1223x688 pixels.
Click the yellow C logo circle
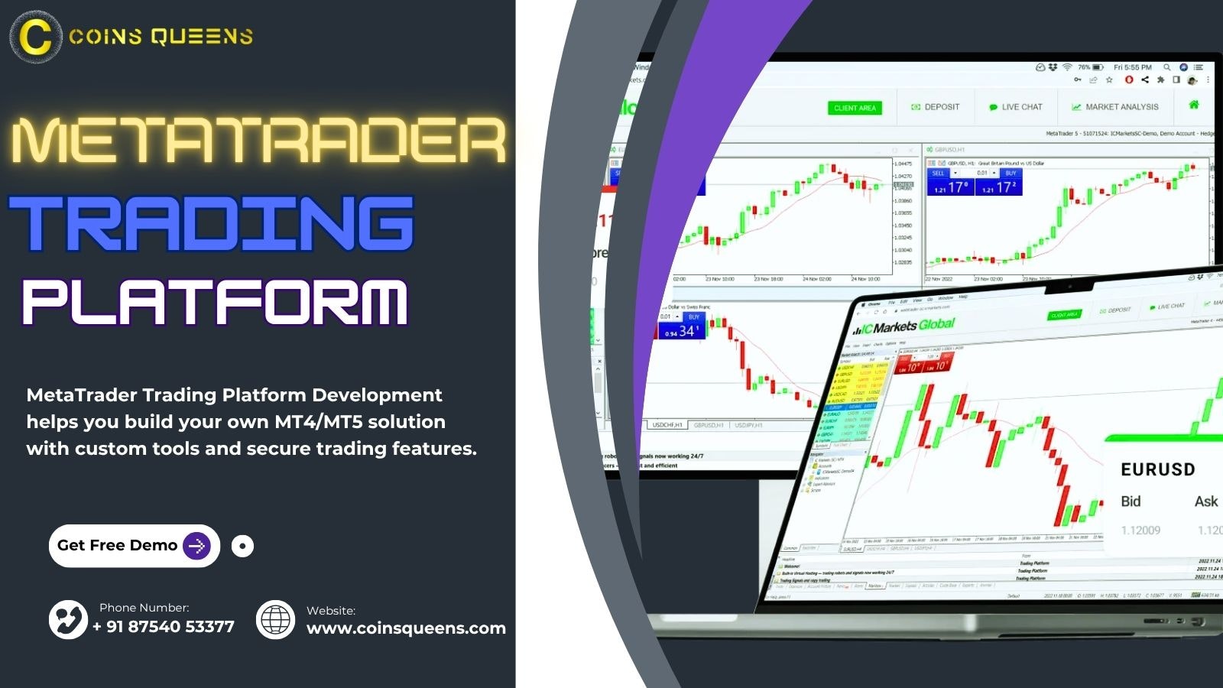(35, 37)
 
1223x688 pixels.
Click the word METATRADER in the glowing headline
(258, 141)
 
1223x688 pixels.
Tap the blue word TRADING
(211, 222)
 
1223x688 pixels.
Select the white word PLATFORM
(215, 302)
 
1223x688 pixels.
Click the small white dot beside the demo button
(242, 546)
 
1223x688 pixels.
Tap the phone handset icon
(69, 619)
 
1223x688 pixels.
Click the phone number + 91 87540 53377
(164, 627)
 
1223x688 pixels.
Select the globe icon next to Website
(275, 619)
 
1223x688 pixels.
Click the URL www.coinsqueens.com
(406, 628)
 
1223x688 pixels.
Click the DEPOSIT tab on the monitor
(936, 107)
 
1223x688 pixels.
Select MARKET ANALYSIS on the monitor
(1115, 107)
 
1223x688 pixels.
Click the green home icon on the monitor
(1194, 105)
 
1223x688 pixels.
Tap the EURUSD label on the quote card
(1157, 469)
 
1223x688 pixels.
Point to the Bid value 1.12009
(1140, 531)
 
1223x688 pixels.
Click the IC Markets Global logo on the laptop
(904, 326)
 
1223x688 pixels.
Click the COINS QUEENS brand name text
(161, 37)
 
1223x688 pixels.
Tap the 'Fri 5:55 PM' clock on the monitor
(1132, 67)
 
